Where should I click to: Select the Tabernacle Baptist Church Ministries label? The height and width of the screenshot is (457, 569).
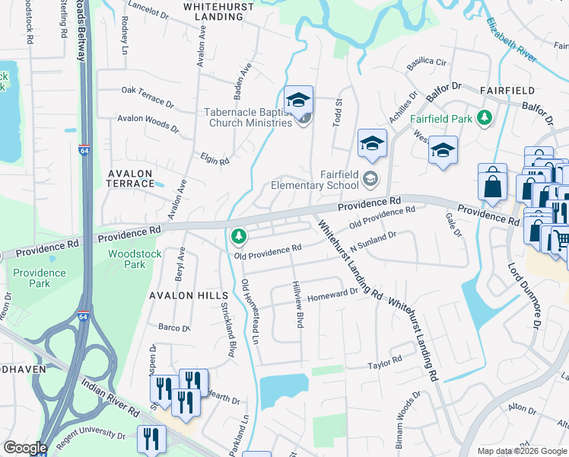[248, 117]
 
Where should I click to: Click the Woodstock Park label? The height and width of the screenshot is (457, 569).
[126, 259]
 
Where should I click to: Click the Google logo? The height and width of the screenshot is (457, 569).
[25, 448]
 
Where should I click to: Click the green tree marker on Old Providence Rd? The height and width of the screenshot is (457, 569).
[239, 237]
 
